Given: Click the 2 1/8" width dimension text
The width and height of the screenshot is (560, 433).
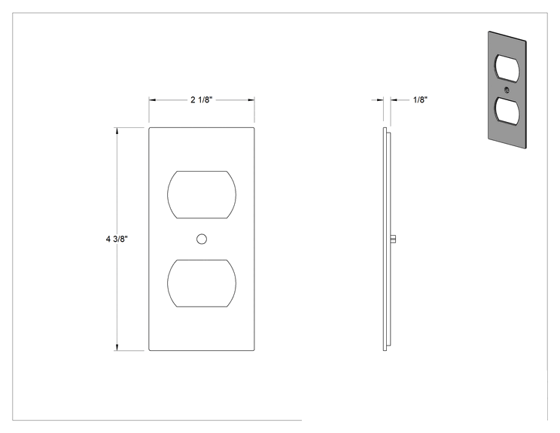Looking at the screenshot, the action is point(202,99).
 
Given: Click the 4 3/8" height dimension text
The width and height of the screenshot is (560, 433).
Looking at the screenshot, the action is point(117,239).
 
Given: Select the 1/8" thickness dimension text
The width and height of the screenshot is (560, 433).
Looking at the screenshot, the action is point(420,99).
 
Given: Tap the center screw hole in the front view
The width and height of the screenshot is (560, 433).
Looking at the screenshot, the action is point(202,239).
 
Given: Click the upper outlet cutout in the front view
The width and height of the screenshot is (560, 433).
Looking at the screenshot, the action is point(202,195).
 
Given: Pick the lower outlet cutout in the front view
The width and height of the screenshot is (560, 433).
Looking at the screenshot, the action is point(202,283).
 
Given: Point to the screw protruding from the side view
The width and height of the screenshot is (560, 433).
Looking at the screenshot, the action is point(393,239).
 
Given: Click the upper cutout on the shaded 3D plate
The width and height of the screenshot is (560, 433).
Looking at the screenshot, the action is point(507,69).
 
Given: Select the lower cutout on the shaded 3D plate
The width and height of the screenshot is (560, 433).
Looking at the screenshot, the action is point(507,111).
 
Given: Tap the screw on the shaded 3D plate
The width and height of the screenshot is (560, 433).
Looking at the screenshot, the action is point(507,90).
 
